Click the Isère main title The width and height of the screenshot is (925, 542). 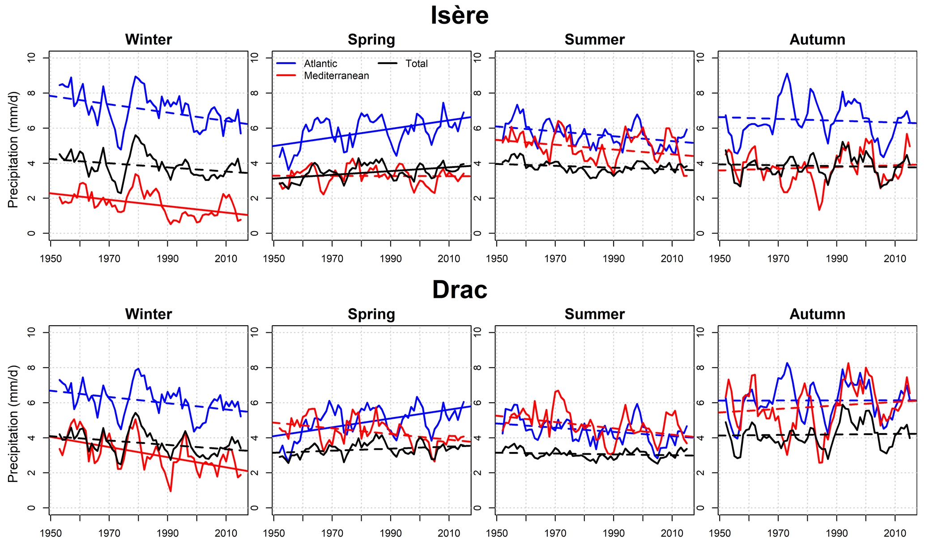459,15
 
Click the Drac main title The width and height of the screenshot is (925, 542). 459,290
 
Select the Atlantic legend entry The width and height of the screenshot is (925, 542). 320,64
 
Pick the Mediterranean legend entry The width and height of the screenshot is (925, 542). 336,76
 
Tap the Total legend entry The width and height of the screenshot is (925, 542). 416,64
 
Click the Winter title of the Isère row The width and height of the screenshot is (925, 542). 148,39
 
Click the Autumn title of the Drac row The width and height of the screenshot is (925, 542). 817,314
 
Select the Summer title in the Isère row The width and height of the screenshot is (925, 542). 594,39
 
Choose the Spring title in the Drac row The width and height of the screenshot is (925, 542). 371,314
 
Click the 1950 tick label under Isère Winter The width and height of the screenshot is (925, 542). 51,258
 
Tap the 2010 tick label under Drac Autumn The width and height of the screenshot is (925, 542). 895,533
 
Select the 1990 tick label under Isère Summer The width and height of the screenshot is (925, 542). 613,258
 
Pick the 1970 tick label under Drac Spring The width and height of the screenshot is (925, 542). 332,533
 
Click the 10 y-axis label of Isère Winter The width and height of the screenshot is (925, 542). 31,58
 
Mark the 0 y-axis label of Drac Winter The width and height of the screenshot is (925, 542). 31,508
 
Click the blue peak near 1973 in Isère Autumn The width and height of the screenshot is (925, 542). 787,73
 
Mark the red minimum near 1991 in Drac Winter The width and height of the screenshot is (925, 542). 171,491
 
